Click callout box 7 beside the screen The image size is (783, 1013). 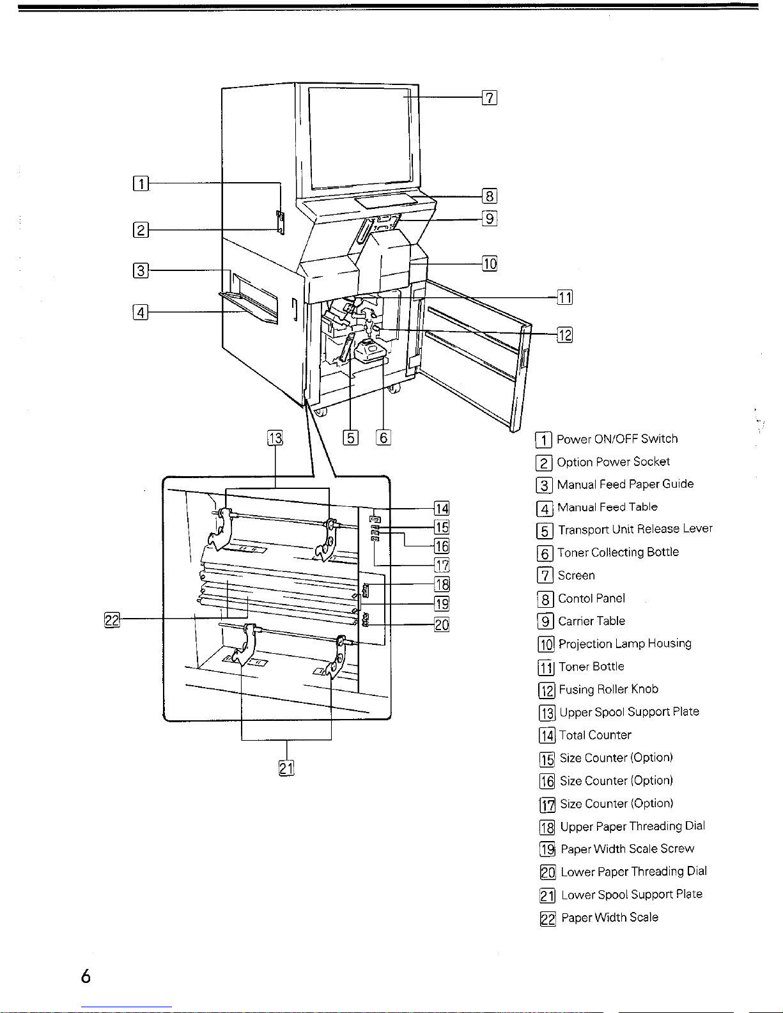(x=490, y=98)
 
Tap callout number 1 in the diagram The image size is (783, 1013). (x=141, y=183)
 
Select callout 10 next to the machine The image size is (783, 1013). (x=490, y=264)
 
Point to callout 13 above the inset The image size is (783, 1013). (x=275, y=438)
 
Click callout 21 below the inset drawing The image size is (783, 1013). (x=286, y=768)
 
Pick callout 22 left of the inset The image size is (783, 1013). (x=112, y=620)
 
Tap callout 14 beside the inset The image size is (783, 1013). (x=442, y=509)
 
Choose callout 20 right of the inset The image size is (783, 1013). (x=442, y=624)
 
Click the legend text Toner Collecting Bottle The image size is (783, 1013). (x=618, y=552)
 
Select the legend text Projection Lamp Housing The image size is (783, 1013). (x=625, y=644)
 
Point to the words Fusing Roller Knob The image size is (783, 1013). (x=609, y=690)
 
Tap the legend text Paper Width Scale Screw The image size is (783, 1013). (x=627, y=849)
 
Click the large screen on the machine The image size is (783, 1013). (x=360, y=137)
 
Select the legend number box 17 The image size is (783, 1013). (x=548, y=805)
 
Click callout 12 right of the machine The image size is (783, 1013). (x=565, y=335)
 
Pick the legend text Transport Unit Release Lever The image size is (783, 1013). (x=635, y=530)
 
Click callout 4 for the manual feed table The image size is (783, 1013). (x=141, y=313)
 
